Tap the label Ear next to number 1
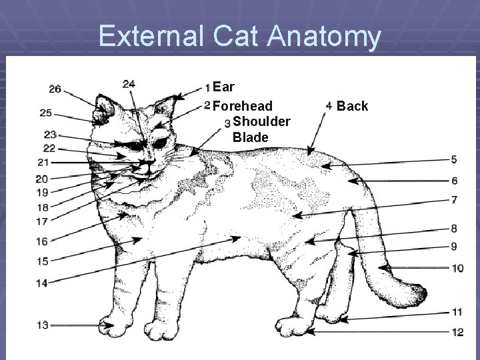(226, 87)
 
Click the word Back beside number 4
(353, 106)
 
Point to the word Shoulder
(261, 121)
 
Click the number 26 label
(55, 89)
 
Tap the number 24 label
(129, 84)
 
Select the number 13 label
(42, 325)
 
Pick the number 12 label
(457, 331)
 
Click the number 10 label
(457, 269)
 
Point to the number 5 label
(454, 159)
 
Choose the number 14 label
(42, 283)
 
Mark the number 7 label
(454, 199)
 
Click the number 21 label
(43, 162)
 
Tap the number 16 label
(42, 241)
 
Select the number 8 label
(454, 228)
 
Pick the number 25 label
(45, 113)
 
